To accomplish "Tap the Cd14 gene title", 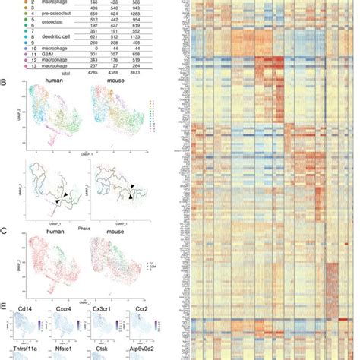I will click(22, 310).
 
